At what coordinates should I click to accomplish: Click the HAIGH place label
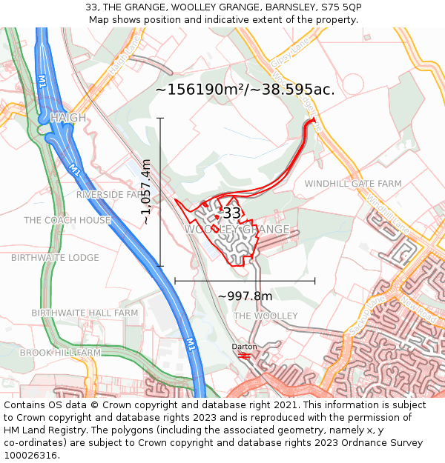point(67,118)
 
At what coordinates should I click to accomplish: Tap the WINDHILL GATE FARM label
point(353,184)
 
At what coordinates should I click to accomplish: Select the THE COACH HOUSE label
point(67,221)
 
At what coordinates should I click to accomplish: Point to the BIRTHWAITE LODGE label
point(55,258)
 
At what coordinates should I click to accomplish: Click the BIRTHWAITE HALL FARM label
point(85,313)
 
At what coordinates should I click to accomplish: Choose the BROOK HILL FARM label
point(60,353)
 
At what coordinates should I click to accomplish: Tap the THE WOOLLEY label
point(266,316)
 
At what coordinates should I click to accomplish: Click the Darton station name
point(244,346)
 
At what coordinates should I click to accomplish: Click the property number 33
point(231,213)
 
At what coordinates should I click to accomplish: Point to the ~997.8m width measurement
point(245,296)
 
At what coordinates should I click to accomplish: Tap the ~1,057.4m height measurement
point(147,192)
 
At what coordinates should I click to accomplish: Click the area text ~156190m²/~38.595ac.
point(245,90)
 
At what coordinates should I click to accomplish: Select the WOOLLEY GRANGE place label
point(237,230)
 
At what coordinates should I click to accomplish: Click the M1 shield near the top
point(41,79)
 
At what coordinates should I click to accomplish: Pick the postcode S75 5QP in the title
point(340,7)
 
